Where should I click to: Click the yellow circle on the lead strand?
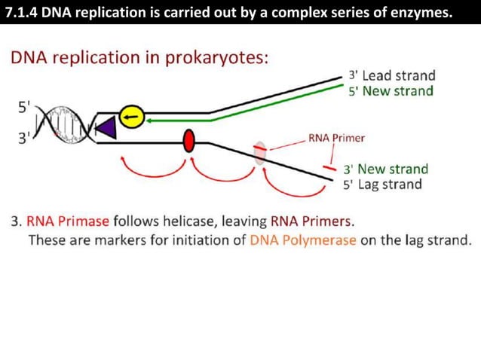coord(132,117)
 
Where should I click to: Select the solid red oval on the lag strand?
coord(189,140)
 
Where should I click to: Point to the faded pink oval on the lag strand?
coord(259,151)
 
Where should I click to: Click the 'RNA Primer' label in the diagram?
coord(336,139)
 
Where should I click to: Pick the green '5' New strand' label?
coord(391,91)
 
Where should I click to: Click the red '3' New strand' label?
coord(385,169)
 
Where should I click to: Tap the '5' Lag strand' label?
coord(382,185)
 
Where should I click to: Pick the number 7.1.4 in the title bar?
coord(22,12)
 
